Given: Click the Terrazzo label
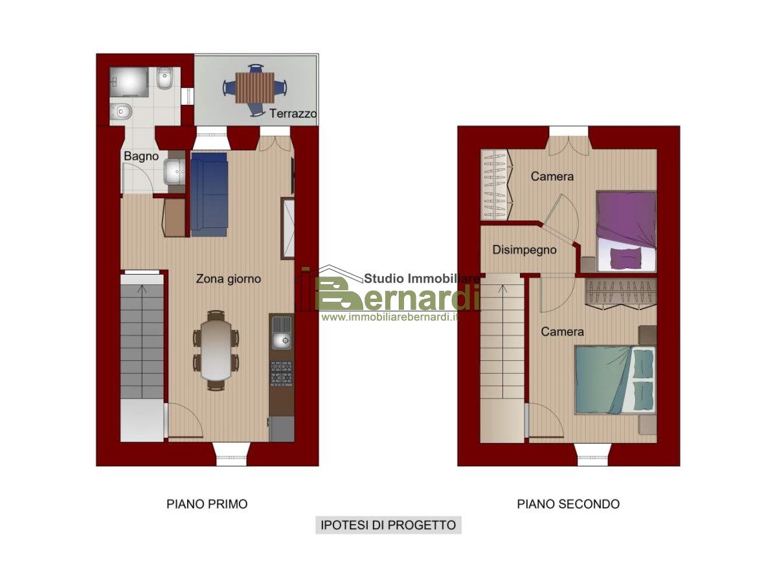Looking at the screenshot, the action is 293,113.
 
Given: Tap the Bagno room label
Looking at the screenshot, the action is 141,156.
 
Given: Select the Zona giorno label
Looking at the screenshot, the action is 229,279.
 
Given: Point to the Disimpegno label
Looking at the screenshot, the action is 524,250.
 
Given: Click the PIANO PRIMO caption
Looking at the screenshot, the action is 207,504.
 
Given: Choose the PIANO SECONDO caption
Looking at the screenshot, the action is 568,504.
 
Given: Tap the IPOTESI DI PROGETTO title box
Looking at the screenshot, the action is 388,525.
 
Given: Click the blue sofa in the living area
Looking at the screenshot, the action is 209,194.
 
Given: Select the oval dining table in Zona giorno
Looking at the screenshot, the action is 216,350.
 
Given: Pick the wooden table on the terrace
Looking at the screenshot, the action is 255,88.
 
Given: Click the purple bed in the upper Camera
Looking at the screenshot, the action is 627,231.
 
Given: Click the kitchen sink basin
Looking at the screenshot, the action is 282,341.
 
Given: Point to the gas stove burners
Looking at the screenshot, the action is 282,373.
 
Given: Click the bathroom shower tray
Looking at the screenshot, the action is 129,82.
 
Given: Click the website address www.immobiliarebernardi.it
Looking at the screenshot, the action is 390,317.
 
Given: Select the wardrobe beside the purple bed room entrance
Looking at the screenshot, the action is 496,185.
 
